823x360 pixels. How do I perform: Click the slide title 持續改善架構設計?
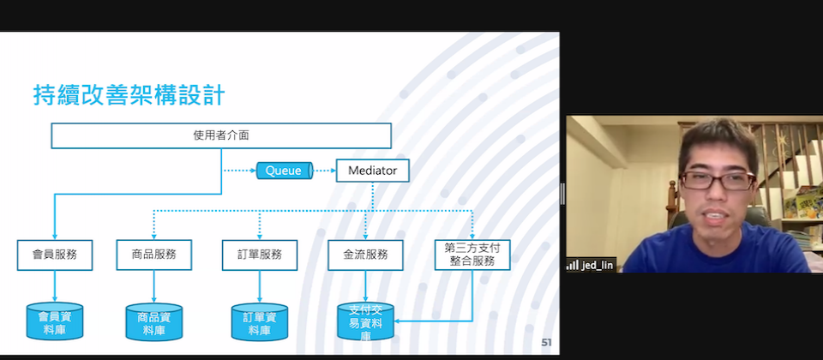tap(129, 96)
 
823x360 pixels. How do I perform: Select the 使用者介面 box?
tap(221, 135)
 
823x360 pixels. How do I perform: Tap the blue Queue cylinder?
tap(285, 171)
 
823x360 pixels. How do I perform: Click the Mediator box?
tap(373, 171)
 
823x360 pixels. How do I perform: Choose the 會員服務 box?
tap(55, 255)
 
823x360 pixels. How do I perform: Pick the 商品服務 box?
tap(153, 255)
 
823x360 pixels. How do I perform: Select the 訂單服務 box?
tap(259, 255)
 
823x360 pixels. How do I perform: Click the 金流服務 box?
tap(365, 255)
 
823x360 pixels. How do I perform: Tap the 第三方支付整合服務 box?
tap(472, 255)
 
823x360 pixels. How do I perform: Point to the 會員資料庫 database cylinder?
tap(55, 321)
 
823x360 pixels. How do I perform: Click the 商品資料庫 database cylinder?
tap(154, 321)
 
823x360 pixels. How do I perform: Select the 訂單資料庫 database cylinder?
tap(260, 321)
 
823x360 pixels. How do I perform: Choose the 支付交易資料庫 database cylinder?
tap(366, 321)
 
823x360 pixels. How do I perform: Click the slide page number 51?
tap(546, 343)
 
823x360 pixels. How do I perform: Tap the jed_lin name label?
tap(598, 266)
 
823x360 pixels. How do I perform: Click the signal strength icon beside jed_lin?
tap(572, 265)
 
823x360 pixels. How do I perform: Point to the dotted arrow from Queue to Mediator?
tap(324, 171)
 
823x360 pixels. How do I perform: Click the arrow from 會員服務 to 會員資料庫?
tap(55, 286)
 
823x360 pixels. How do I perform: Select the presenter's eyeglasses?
tap(718, 181)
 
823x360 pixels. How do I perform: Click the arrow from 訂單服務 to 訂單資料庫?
tap(260, 286)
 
